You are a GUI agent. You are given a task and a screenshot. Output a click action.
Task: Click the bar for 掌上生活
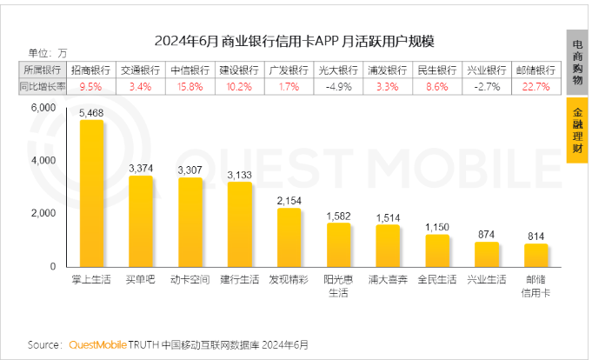(91, 193)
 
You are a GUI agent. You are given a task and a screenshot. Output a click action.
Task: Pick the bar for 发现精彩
(289, 237)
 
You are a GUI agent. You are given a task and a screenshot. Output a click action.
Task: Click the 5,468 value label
(91, 113)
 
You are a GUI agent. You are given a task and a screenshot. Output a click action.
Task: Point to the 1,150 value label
(437, 227)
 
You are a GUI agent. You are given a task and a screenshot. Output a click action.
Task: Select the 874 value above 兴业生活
(487, 235)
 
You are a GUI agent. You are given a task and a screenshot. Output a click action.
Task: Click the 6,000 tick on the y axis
(43, 108)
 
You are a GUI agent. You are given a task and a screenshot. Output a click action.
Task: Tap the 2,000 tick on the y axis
(43, 213)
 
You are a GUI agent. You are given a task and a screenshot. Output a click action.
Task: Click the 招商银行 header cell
(90, 70)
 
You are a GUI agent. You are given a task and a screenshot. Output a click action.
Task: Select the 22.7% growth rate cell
(536, 86)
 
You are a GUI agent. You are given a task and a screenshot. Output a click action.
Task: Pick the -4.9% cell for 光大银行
(338, 86)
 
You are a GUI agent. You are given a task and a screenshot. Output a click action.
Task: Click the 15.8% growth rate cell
(190, 86)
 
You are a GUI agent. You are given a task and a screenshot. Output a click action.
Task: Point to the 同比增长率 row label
(41, 86)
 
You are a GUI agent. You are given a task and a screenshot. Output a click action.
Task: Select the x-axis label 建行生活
(239, 281)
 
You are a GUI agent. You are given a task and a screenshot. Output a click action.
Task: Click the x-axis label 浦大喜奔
(388, 281)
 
